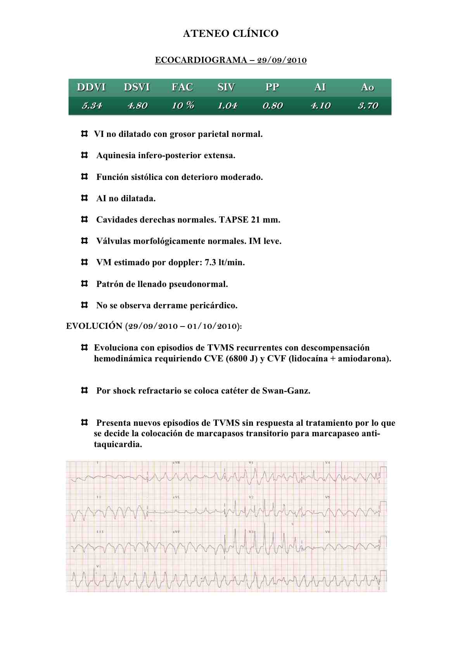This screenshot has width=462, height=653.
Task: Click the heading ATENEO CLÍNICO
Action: coord(230,34)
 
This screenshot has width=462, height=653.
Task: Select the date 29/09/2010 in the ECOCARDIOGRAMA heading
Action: coord(282,60)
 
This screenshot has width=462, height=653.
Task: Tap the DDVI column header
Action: coord(91,87)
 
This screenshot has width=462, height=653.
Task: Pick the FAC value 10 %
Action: coord(183,105)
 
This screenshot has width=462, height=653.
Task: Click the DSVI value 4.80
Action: coord(137,105)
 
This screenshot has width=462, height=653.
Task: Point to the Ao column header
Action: coord(367,87)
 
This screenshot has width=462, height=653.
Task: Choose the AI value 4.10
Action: coord(320,105)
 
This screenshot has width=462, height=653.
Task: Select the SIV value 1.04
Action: coord(227,105)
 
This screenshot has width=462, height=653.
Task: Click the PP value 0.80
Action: coord(272,105)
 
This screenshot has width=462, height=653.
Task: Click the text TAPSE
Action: coord(234,220)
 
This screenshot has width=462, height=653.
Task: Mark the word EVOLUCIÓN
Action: coord(94,326)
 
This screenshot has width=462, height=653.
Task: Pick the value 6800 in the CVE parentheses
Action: coord(237,359)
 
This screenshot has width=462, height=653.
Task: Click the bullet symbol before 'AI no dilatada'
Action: coord(84,198)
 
